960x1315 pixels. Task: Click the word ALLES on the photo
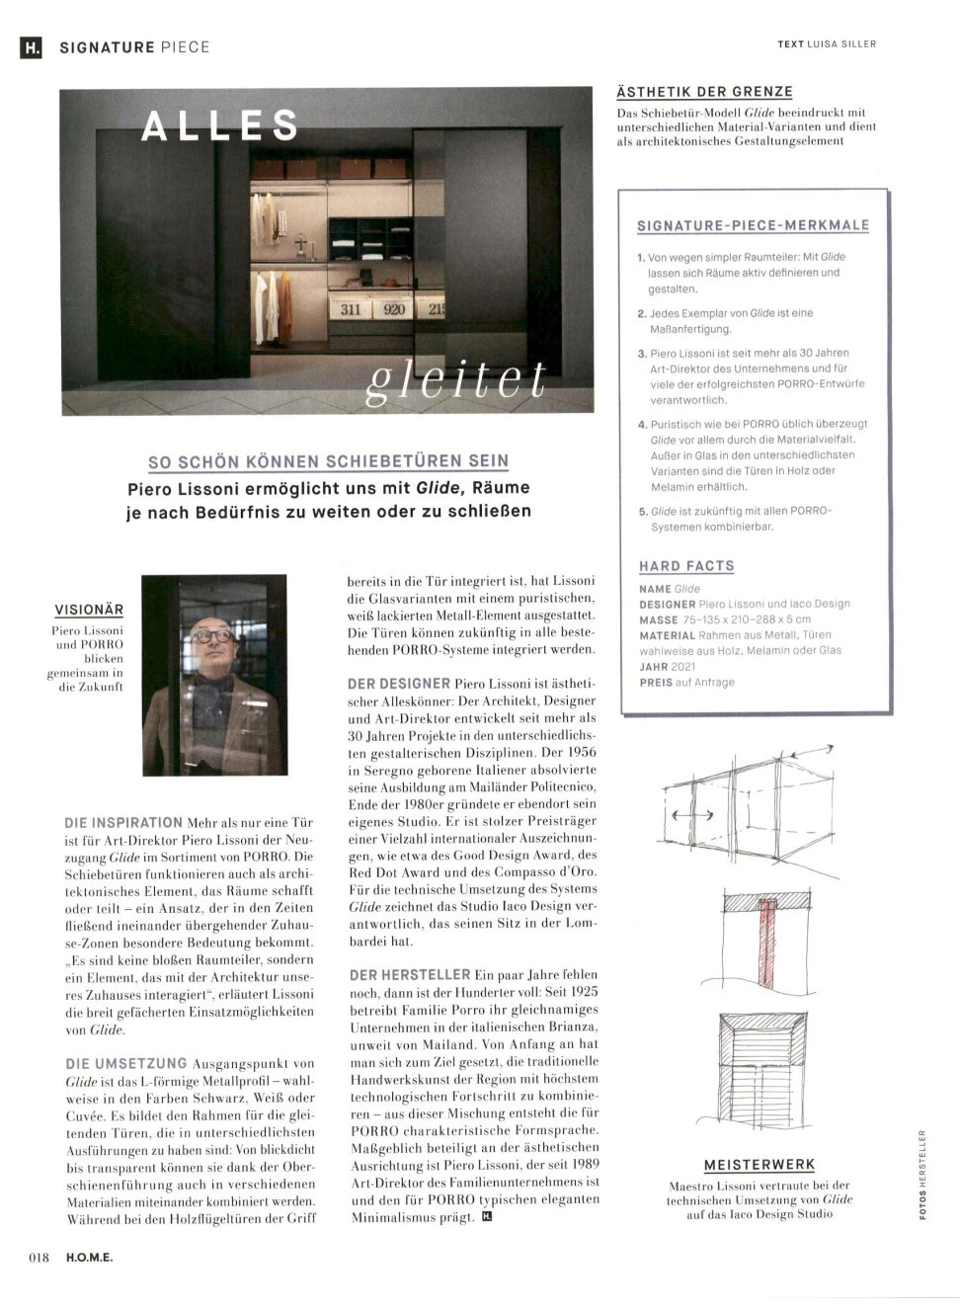219,126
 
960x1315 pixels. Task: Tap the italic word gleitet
455,380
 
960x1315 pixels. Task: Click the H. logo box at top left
32,46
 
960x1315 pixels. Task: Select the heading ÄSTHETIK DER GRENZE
704,92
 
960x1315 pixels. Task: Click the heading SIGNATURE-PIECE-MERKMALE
754,225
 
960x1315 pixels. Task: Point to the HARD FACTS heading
686,566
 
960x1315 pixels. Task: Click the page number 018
39,1258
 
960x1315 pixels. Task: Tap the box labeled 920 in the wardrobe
394,309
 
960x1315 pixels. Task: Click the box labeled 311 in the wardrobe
351,309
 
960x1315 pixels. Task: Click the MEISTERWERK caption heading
759,1165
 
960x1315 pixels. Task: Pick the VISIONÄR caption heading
89,610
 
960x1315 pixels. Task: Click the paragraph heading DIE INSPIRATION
123,822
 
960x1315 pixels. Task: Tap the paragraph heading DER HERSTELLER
410,975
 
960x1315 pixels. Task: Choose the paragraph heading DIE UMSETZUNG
126,1063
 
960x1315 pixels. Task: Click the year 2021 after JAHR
683,667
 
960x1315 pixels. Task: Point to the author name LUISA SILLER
841,44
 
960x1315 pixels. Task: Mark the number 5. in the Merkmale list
643,512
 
